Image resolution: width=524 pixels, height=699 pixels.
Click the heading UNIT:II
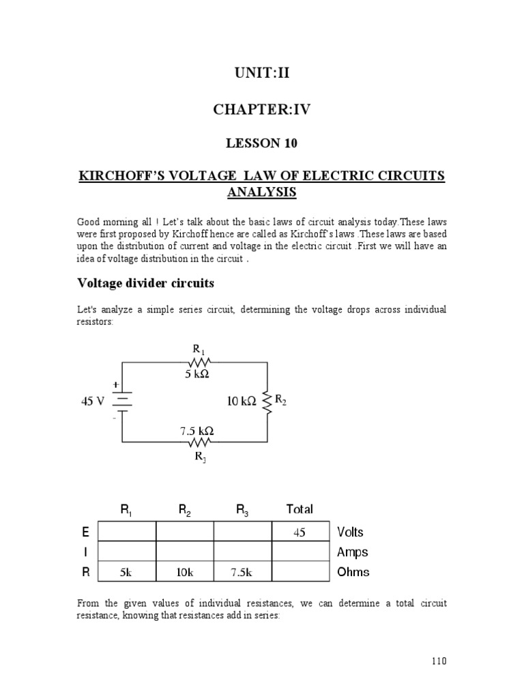pos(261,73)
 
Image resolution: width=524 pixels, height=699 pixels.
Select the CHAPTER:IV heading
pos(262,109)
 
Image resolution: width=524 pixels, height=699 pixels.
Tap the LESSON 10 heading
pos(262,143)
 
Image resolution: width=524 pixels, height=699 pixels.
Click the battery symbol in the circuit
pos(122,401)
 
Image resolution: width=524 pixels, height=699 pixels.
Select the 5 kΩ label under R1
pos(196,374)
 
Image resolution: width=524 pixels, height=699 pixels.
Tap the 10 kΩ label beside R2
pos(242,402)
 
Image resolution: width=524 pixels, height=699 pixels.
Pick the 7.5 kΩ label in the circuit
pos(196,431)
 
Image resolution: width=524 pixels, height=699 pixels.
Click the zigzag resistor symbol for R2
pos(267,401)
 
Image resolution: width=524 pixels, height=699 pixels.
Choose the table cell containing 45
pos(300,533)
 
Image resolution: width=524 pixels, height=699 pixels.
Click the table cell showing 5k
pos(126,572)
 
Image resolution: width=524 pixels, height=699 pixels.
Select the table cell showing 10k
pos(184,572)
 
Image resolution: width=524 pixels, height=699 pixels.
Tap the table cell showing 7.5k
pos(242,572)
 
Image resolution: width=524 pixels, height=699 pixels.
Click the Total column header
pos(300,509)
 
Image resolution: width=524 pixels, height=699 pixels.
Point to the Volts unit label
pos(351,532)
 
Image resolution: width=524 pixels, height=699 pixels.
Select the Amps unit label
pos(352,552)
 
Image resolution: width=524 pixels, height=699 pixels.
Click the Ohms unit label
pos(353,572)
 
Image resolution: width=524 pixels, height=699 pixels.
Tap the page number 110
pos(438,661)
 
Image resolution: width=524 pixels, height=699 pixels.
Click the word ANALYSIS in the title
pos(262,192)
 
